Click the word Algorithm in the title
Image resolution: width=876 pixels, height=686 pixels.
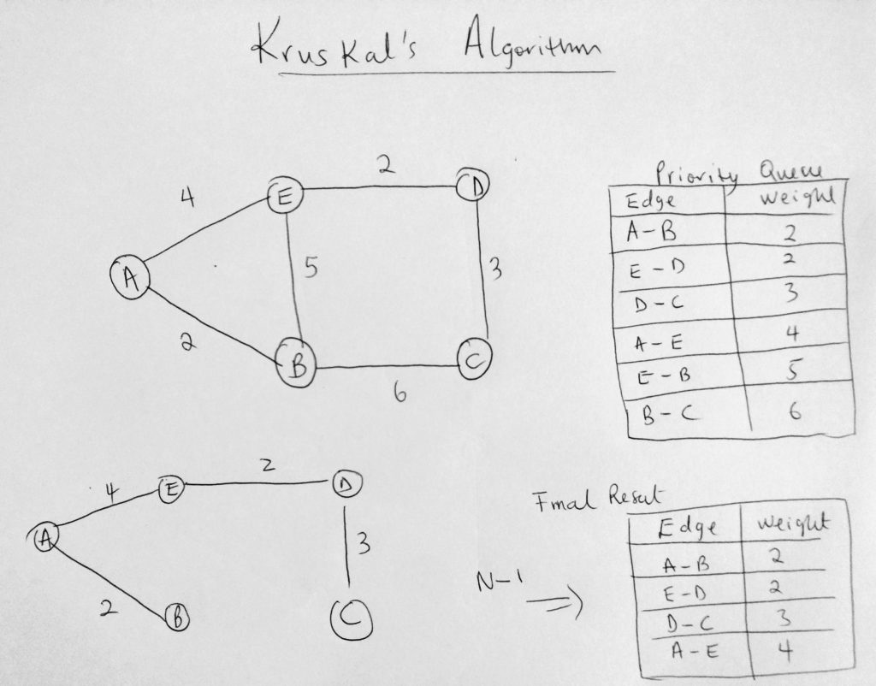532,41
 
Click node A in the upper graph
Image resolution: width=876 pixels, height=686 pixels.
131,278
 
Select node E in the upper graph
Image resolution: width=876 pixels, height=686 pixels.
285,197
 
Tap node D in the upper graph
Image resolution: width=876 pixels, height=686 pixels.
473,186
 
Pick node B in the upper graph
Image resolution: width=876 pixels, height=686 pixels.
297,366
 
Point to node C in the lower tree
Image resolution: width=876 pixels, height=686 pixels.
352,619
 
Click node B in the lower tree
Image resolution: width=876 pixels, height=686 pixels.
177,618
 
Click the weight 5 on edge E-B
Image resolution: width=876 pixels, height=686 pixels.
311,267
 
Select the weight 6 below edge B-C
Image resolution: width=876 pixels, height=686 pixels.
400,393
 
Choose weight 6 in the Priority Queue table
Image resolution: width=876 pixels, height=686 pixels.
795,411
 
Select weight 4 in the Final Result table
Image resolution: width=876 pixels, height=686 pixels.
785,650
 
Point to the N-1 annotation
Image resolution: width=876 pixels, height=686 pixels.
500,581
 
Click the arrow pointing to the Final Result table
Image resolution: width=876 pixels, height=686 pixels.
554,603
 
